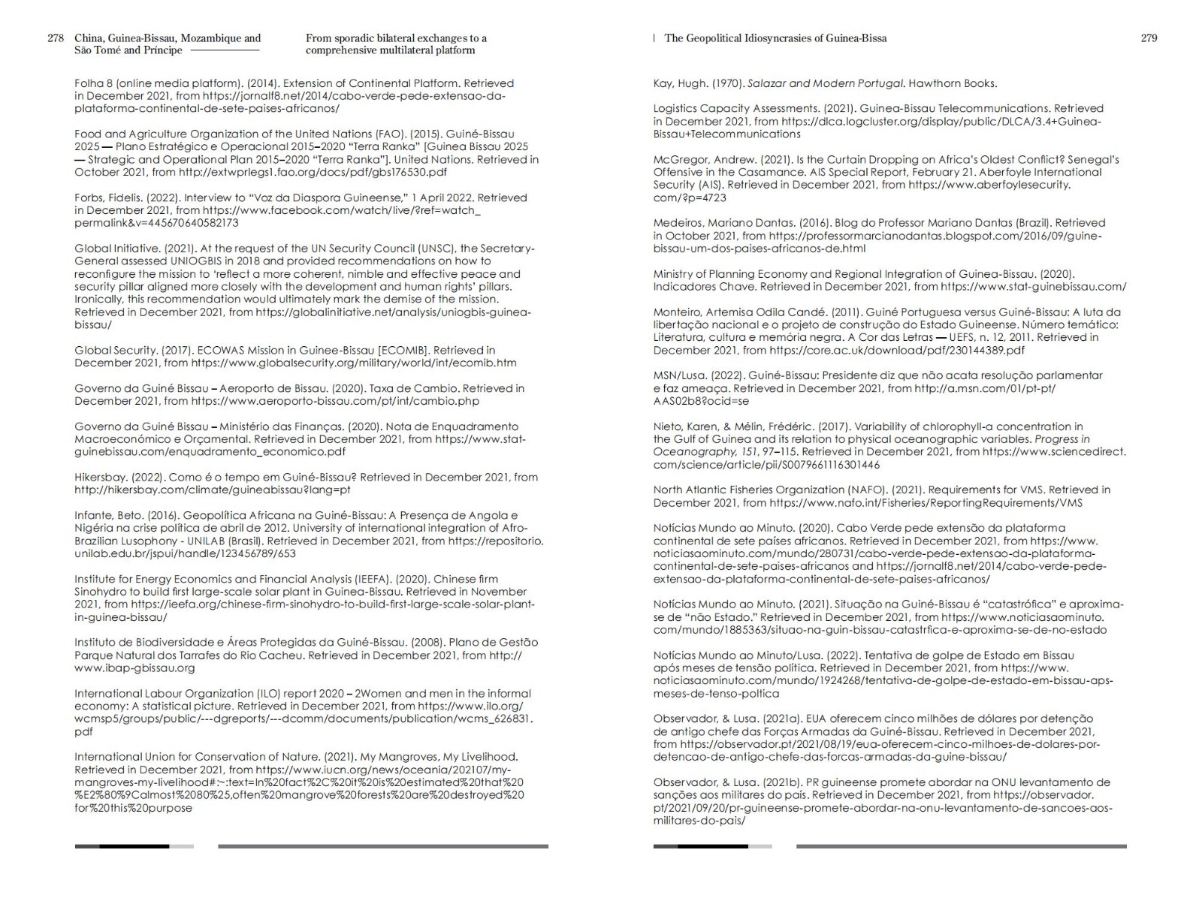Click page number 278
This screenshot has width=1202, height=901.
56,38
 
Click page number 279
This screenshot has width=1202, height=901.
1149,38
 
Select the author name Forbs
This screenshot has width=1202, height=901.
88,198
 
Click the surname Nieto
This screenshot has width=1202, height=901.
667,426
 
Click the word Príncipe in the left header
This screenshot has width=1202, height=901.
164,50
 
